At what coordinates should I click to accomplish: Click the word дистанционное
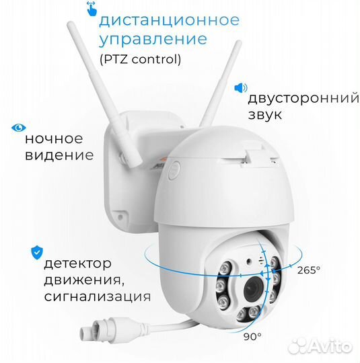tap(169, 21)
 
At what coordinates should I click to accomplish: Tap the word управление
tap(153, 40)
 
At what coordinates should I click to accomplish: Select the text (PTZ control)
tap(140, 59)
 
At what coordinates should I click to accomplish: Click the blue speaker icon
tap(241, 88)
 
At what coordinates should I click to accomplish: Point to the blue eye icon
tap(19, 128)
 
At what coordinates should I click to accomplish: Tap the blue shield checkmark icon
tap(37, 253)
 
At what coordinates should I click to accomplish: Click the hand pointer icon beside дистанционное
tap(92, 9)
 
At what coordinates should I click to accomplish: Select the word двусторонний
tap(303, 99)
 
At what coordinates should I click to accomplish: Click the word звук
tap(265, 114)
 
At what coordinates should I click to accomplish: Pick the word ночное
tap(54, 139)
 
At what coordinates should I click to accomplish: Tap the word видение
tap(59, 155)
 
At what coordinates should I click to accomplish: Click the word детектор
tap(77, 264)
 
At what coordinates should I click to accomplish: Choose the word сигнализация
tap(98, 296)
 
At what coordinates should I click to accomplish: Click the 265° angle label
tap(309, 270)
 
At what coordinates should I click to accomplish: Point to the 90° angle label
tap(252, 336)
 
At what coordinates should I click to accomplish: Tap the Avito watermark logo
tap(320, 346)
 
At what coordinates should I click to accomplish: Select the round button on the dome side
tap(174, 170)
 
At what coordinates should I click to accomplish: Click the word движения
tap(83, 280)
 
